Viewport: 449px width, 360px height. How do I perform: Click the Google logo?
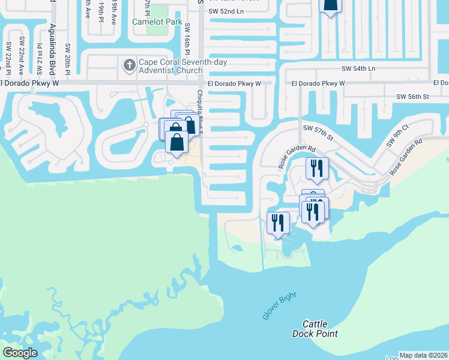(x=20, y=352)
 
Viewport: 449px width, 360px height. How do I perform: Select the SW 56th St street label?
(x=412, y=96)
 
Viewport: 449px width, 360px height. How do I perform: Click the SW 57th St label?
(x=318, y=133)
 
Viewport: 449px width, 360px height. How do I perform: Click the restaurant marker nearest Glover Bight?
(x=278, y=224)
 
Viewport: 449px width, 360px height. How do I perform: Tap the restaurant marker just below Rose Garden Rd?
(x=317, y=169)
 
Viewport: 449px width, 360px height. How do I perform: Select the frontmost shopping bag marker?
(x=176, y=143)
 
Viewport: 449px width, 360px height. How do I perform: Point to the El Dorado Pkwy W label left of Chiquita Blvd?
(x=30, y=83)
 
